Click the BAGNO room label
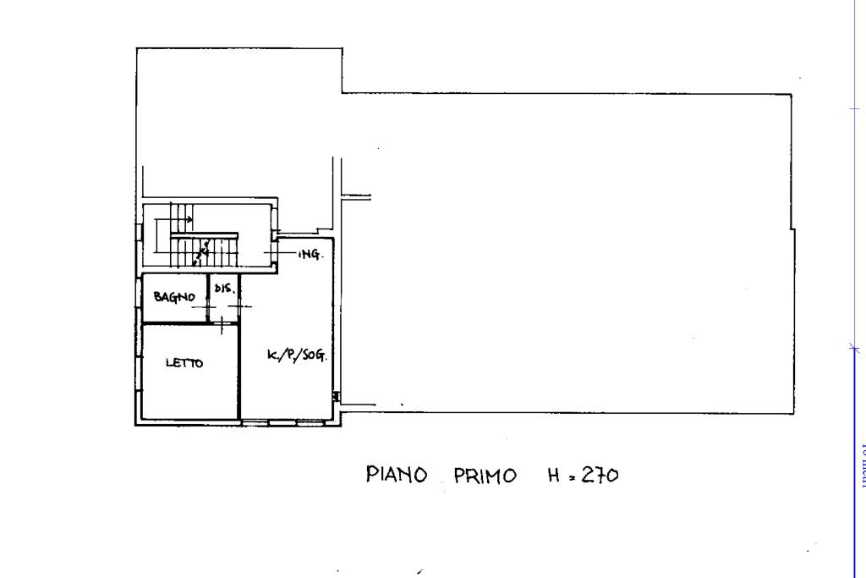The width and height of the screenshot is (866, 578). click(174, 297)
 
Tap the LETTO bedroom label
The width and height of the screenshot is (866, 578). click(184, 363)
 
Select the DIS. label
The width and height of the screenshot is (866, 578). click(222, 288)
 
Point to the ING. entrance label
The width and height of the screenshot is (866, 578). click(310, 254)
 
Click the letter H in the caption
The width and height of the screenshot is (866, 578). click(554, 475)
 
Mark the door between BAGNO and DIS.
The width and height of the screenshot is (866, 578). click(208, 306)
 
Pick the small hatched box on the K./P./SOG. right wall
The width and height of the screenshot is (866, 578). click(337, 396)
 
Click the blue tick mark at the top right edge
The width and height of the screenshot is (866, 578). click(854, 108)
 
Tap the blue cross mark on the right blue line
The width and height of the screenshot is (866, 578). click(854, 348)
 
